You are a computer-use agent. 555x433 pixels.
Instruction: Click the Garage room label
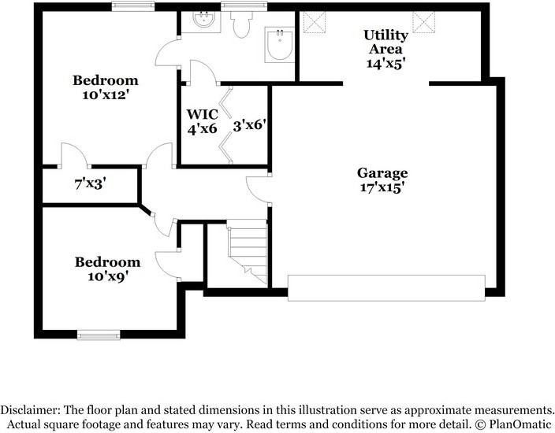pos(382,173)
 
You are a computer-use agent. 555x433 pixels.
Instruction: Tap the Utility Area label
pos(386,35)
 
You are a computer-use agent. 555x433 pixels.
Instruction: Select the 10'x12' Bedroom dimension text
pos(105,95)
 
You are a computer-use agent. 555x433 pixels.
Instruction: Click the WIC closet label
pos(201,114)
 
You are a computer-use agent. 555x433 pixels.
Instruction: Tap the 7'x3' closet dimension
pos(90,183)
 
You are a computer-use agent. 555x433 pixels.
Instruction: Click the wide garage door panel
pos(386,287)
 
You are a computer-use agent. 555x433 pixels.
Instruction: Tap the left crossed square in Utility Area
pos(315,23)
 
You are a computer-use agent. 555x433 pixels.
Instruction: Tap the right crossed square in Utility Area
pos(424,23)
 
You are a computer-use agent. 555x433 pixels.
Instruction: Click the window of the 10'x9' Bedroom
pos(99,335)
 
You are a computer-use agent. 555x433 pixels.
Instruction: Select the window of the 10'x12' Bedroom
pos(132,6)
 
